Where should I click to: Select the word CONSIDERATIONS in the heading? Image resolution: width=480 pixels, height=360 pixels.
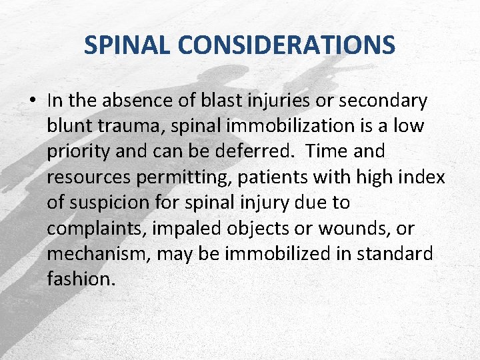287,45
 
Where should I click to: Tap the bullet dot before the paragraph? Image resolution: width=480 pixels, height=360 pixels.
32,101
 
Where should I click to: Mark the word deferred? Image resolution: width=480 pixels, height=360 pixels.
251,152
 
